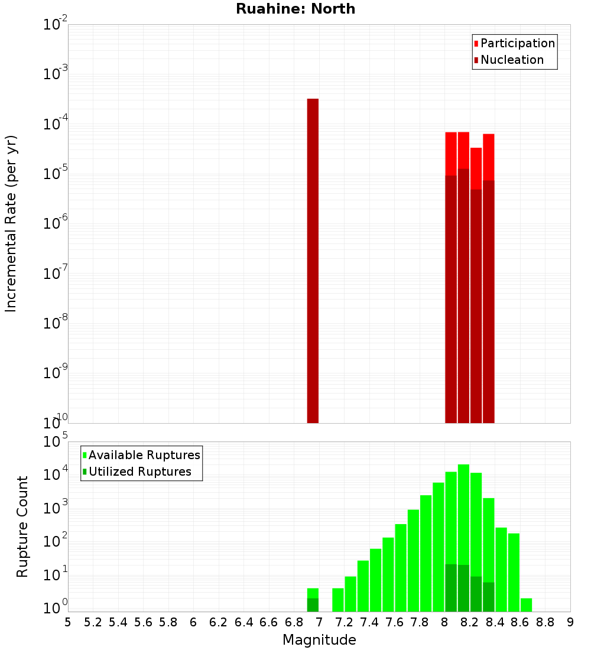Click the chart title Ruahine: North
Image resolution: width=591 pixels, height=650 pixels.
[x=295, y=9]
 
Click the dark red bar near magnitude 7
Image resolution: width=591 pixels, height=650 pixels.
[x=313, y=260]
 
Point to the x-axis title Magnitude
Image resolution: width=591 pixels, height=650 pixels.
[x=319, y=640]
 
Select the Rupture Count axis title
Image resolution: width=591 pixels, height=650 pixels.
[x=22, y=526]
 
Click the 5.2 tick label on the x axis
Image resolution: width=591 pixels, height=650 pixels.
[x=93, y=622]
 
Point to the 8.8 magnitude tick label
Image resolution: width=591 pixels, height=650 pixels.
[x=545, y=622]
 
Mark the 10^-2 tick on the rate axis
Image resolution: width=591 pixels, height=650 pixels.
[x=55, y=25]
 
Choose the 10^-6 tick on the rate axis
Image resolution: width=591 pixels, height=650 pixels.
[x=55, y=223]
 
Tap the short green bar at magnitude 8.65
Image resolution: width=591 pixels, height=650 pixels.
[x=526, y=605]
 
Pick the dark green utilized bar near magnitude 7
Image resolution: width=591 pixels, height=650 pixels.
[x=313, y=605]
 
